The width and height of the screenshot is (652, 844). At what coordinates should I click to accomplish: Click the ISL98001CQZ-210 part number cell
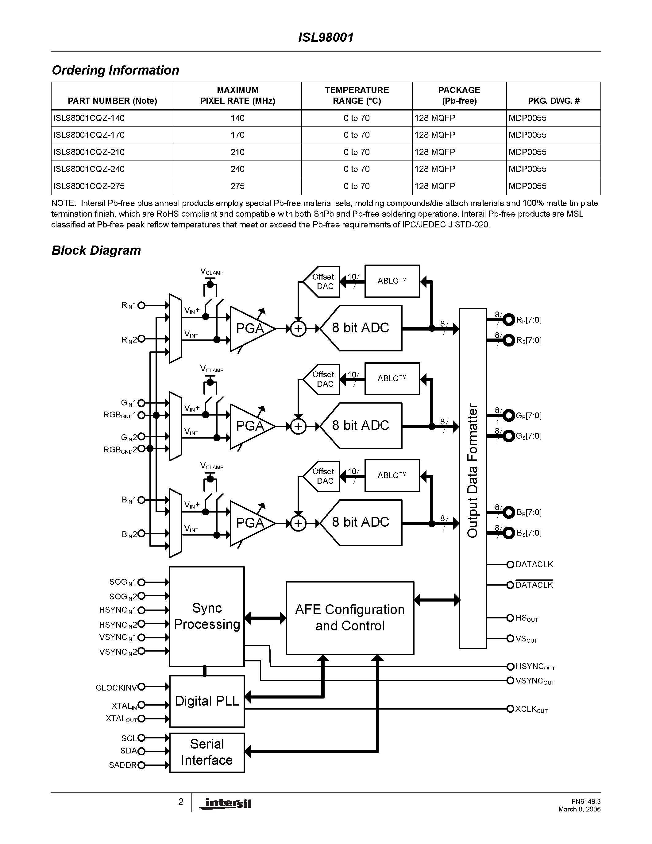click(89, 152)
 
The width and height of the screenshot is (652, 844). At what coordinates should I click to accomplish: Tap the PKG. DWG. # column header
click(554, 101)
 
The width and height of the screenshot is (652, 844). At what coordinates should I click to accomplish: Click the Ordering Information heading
click(115, 70)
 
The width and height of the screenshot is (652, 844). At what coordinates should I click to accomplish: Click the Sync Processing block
click(207, 616)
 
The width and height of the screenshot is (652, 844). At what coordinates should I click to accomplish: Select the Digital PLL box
click(207, 701)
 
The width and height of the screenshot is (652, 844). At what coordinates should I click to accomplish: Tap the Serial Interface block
click(207, 752)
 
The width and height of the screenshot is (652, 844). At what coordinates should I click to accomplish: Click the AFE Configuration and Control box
click(349, 618)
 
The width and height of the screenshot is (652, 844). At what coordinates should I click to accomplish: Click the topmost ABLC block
click(392, 281)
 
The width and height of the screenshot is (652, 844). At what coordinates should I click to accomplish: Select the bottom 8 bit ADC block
click(361, 522)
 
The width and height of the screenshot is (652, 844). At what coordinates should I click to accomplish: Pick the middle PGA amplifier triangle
click(249, 426)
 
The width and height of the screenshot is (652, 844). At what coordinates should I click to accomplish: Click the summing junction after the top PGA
click(298, 329)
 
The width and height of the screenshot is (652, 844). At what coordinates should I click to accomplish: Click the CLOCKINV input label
click(116, 688)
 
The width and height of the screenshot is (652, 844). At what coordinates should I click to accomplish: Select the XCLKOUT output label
click(531, 709)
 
